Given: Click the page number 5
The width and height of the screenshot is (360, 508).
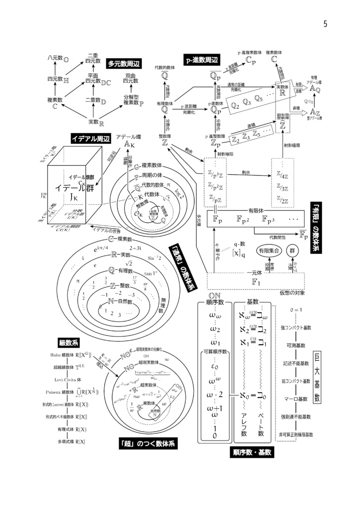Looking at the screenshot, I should click(325, 24).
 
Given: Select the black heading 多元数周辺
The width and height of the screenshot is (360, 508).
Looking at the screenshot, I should click(123, 63).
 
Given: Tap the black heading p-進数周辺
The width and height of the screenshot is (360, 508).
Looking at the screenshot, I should click(201, 60).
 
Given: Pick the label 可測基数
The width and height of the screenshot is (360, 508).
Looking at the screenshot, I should click(295, 344).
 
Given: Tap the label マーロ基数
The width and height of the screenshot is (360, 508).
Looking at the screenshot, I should click(295, 398).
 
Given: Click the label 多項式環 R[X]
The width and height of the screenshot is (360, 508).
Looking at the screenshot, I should click(71, 441).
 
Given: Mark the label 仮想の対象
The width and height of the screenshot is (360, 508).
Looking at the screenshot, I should click(292, 292).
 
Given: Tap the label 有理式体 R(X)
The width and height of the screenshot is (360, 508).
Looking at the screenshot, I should click(72, 429).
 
